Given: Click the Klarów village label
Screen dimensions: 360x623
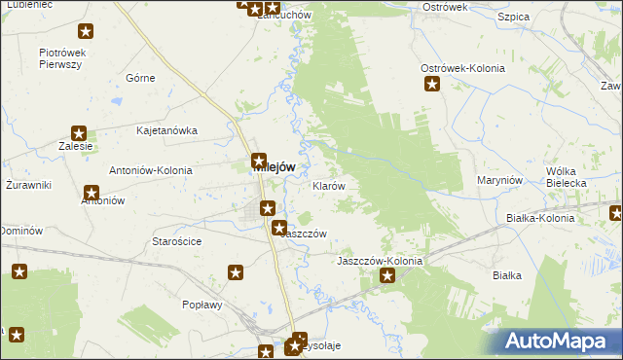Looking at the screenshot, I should pos(328,185).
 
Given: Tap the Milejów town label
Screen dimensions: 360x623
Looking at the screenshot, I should pos(274,166).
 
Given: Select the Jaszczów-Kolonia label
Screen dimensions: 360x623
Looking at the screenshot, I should pos(380,262).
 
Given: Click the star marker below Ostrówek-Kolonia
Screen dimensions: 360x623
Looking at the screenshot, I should pos(431,85).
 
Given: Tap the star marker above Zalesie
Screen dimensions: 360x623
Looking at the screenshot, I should pos(80,133).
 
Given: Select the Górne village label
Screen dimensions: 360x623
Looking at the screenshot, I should pos(141,78).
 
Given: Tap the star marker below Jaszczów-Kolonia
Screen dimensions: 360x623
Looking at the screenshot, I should pos(387,277).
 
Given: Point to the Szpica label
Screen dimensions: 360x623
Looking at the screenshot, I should pos(512,18).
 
